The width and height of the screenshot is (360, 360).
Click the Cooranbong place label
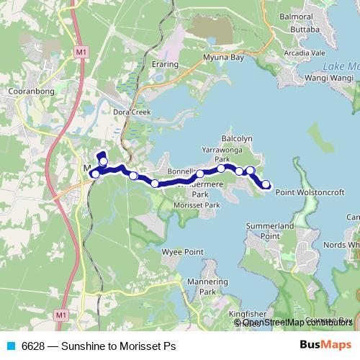pyautogui.click(x=27, y=93)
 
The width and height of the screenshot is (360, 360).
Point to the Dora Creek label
pyautogui.click(x=131, y=112)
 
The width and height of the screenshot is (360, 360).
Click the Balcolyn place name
pyautogui.click(x=237, y=138)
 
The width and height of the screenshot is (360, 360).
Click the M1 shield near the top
pyautogui.click(x=80, y=52)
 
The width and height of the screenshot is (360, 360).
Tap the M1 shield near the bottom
pyautogui.click(x=61, y=315)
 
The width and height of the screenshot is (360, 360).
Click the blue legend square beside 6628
pyautogui.click(x=11, y=346)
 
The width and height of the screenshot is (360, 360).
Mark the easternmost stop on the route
pyautogui.click(x=266, y=185)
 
